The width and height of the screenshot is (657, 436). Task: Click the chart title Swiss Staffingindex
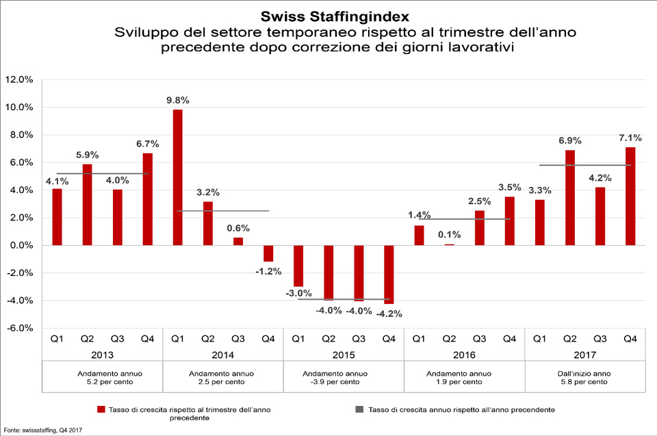(328, 15)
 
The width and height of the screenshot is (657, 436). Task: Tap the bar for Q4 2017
(630, 196)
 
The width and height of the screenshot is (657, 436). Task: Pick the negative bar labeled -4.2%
(389, 274)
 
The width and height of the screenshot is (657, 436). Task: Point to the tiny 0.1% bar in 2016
(449, 244)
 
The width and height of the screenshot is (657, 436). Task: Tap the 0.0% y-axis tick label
(20, 245)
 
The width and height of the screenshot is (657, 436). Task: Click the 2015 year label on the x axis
(343, 355)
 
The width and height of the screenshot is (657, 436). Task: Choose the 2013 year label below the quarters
(102, 355)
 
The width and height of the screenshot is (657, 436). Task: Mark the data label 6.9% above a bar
(570, 140)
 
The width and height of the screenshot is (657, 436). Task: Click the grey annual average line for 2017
(584, 165)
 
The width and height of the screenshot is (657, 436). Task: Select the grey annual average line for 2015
(344, 299)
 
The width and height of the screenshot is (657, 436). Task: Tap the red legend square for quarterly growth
(101, 410)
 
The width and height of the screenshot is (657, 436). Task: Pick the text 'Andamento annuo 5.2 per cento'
(102, 378)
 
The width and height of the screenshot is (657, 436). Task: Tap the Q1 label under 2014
(177, 338)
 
